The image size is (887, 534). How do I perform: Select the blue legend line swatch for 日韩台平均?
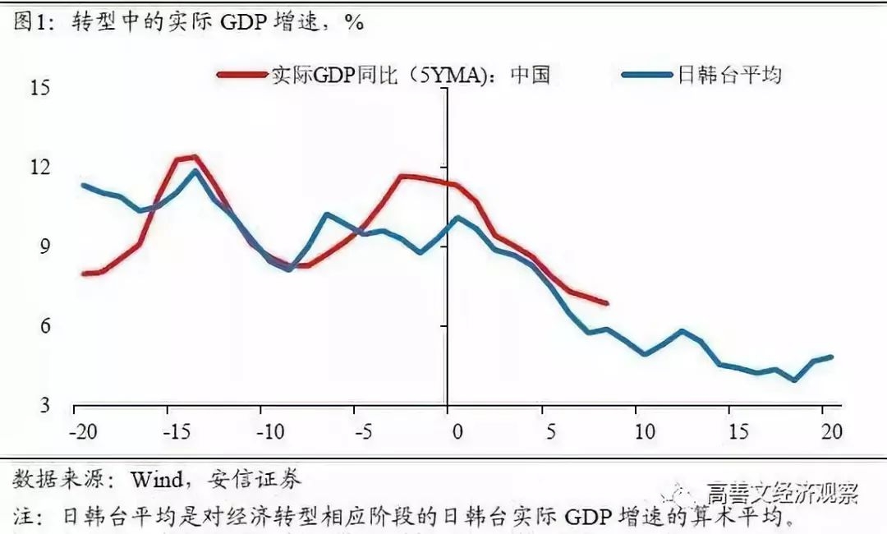coord(647,76)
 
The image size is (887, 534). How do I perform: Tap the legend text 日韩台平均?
coord(728,76)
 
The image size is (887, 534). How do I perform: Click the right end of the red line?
coord(606,303)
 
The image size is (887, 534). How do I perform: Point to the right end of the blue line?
coord(831,357)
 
